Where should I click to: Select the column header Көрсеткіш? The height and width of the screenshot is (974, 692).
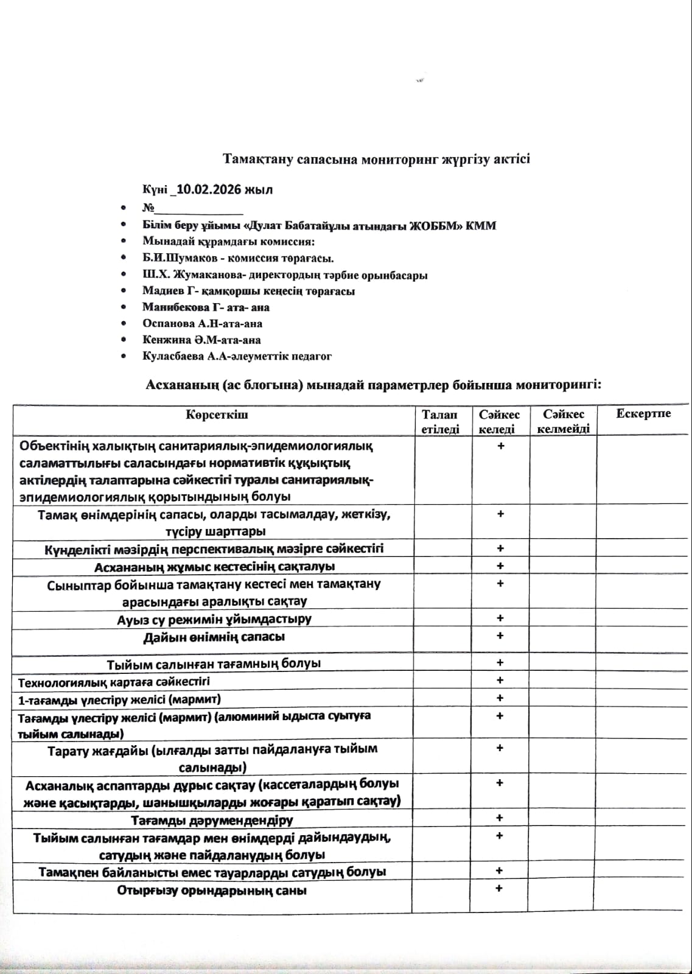pos(217,415)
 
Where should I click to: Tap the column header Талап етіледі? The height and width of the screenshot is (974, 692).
pos(440,421)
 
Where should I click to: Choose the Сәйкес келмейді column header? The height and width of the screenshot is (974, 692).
pos(563,421)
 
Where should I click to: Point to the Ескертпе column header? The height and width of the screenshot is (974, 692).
pos(643,414)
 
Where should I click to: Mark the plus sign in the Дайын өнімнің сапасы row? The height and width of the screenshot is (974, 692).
pos(500,636)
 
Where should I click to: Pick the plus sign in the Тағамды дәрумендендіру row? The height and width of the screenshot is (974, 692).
pos(500,818)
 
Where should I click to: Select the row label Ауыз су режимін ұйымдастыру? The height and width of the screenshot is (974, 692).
pos(214,619)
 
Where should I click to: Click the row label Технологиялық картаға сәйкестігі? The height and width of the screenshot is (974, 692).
pos(114,682)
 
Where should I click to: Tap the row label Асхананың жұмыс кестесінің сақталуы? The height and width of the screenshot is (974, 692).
pos(214,567)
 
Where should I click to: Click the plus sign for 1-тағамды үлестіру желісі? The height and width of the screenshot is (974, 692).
pos(500,698)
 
